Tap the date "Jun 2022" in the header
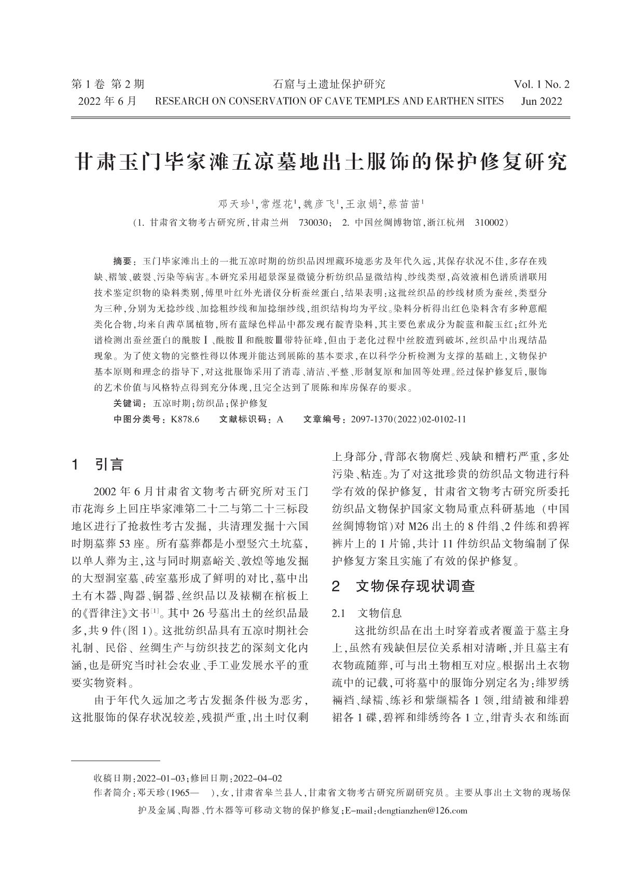541,101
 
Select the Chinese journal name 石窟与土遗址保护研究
329,85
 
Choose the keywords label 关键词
127,403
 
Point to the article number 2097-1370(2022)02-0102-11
408,419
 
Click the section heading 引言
109,464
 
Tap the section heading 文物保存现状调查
416,587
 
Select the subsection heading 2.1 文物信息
367,613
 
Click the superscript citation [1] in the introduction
154,612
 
